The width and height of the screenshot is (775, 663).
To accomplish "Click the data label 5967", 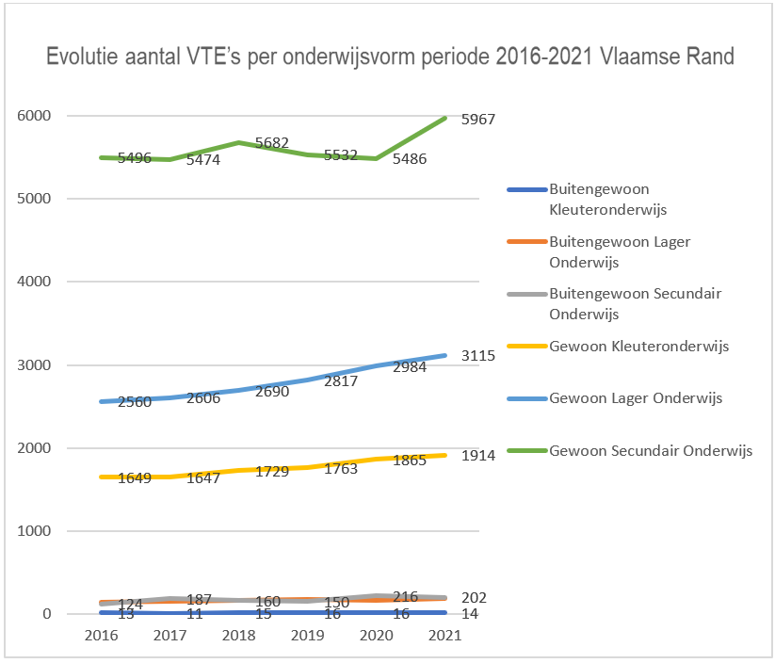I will (477, 120).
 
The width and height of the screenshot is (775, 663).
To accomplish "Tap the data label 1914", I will (477, 455).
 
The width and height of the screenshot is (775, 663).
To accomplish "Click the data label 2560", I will (135, 401).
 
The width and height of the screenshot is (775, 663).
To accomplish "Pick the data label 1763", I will (340, 468).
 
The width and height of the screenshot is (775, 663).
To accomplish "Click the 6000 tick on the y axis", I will (34, 116).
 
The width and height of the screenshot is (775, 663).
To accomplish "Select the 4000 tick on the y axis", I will (34, 282).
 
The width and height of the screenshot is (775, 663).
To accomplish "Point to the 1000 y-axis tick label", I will (34, 531).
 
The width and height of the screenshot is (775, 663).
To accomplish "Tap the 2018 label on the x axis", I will (236, 637).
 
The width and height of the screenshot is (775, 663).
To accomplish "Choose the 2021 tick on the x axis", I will (444, 637).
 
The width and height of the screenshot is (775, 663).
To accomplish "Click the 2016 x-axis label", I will (99, 637).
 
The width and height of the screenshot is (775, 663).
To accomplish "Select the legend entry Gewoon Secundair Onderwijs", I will (651, 450).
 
